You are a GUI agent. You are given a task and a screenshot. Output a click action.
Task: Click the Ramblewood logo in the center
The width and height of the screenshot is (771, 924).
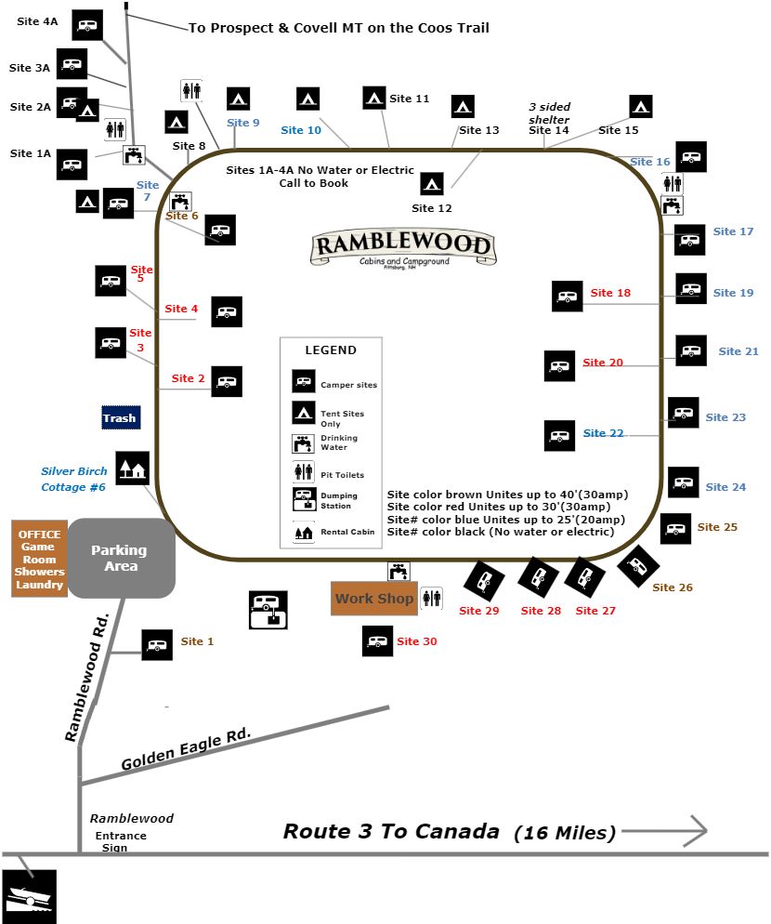402,248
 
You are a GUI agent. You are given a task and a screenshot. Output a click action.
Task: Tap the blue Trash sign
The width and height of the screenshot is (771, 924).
119,417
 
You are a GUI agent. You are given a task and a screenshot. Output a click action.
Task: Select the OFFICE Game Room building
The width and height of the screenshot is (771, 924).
39,559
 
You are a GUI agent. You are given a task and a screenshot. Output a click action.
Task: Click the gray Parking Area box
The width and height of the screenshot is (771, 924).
121,558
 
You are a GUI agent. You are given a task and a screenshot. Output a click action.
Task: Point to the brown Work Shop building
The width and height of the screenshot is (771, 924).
373,599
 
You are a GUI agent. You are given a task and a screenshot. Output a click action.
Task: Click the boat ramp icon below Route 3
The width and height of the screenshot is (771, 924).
29,896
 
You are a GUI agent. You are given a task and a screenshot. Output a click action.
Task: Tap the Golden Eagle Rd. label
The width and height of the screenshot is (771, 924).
186,749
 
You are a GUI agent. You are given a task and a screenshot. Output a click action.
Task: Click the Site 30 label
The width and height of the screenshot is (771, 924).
416,641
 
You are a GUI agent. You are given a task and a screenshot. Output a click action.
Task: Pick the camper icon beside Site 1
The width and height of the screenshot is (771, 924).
156,644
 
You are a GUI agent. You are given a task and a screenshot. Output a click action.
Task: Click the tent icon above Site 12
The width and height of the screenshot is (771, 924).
432,184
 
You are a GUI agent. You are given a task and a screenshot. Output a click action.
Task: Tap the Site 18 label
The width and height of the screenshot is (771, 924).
610,293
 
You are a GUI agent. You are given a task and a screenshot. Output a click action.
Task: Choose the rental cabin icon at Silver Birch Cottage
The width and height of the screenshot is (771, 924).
132,468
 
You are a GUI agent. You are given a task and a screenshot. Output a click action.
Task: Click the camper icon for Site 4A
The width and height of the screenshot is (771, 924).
87,25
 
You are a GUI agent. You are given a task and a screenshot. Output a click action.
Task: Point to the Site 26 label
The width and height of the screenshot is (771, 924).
672,587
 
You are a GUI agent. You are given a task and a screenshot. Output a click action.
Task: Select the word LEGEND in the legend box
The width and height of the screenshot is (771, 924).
330,350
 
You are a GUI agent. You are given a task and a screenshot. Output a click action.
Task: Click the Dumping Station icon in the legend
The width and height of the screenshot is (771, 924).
304,500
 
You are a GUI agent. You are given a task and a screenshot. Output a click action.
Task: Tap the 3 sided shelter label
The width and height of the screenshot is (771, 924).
549,113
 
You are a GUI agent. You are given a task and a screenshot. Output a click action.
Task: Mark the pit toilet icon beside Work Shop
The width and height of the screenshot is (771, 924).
431,598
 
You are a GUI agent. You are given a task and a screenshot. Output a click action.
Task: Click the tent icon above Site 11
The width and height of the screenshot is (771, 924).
373,98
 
